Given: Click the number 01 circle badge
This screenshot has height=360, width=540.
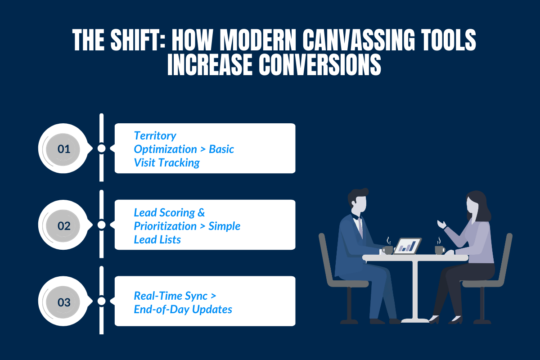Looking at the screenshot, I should pos(64,148).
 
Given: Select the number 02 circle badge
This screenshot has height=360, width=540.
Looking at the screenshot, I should pos(64,225).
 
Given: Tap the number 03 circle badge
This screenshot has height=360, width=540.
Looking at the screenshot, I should pos(64,302).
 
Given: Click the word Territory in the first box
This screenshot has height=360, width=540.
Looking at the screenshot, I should pos(155,135).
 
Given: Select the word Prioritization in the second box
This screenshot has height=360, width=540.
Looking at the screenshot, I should pos(165,225).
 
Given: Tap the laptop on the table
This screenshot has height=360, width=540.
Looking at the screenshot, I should pos(407,246).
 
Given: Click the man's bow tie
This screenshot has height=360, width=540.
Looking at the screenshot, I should pos(359,217).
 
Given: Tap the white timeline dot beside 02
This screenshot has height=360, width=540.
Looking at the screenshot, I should pos(102,225).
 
